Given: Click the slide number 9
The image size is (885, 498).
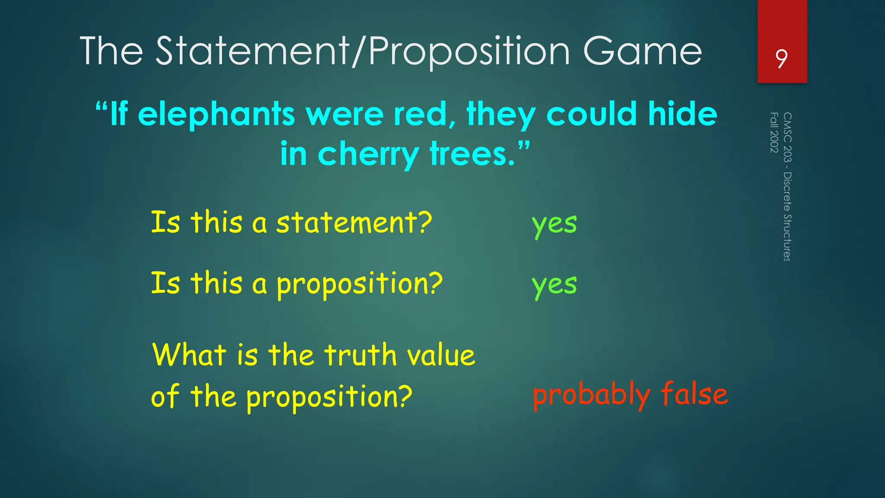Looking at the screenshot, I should coord(781,59).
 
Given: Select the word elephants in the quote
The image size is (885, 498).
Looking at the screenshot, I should coord(216,114).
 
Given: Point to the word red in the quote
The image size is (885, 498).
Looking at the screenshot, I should coord(424,114).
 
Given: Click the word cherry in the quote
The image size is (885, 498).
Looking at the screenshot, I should coord(368,155).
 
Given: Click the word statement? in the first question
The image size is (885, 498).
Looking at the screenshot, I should coord(354,223).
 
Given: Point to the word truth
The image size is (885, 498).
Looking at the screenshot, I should coord(360,355).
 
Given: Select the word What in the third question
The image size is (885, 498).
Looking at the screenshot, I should coord(189,355).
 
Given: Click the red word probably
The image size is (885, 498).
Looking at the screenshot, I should coord(591,395).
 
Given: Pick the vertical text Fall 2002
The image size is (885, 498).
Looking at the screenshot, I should coord(774,132).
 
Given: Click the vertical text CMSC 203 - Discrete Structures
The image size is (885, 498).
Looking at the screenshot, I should coord(787,187).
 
